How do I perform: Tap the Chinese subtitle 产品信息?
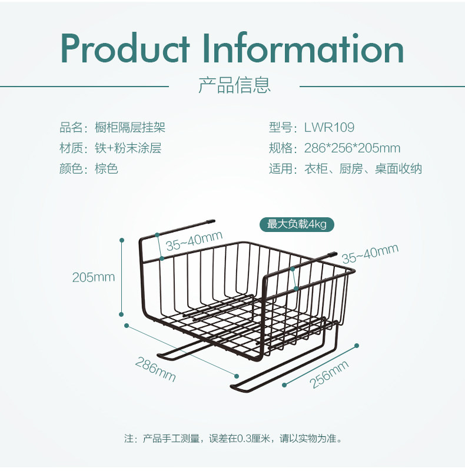click(234, 85)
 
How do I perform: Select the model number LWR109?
click(329, 127)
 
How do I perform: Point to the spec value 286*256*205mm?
click(352, 148)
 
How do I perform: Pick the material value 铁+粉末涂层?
click(128, 148)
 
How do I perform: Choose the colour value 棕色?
click(107, 169)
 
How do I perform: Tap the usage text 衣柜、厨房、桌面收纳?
click(363, 169)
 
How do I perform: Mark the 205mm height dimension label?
click(94, 277)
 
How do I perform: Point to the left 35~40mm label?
click(194, 241)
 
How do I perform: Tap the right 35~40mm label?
click(370, 254)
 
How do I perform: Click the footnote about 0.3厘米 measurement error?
click(232, 439)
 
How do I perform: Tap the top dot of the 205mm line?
click(122, 240)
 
